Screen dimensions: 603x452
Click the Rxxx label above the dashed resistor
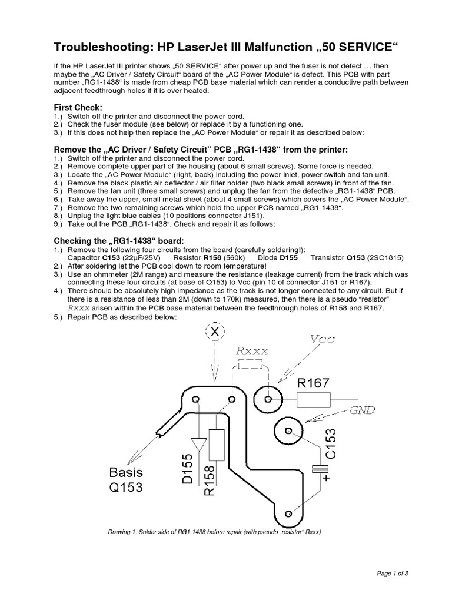coord(252,351)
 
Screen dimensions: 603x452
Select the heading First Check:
coord(78,107)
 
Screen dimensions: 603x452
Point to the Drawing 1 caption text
coord(214,532)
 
